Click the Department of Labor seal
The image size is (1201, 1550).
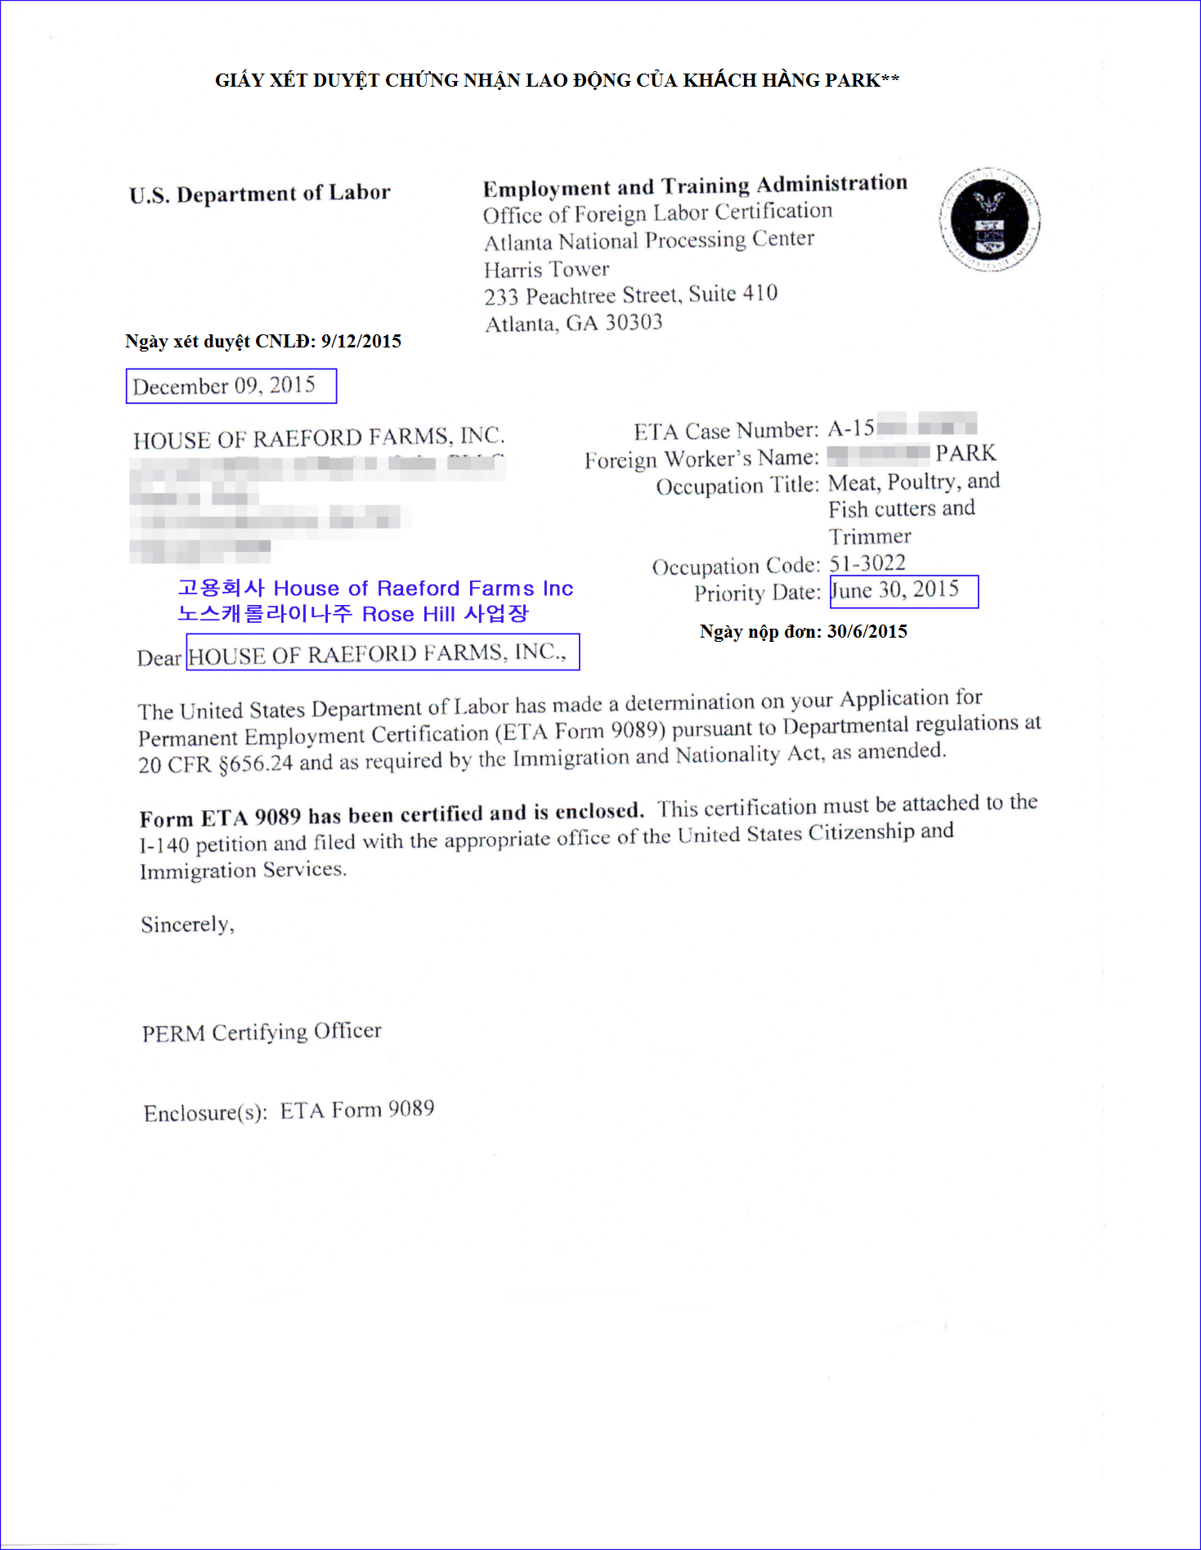(x=989, y=220)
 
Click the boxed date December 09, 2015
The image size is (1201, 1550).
(x=224, y=386)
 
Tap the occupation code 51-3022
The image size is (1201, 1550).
(x=867, y=563)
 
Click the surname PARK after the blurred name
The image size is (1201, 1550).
(x=966, y=454)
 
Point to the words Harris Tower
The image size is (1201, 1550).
(x=546, y=269)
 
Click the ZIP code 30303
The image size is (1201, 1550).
(x=634, y=323)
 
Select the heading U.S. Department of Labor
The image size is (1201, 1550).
(x=259, y=194)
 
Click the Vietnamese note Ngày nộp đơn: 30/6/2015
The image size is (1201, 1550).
(x=803, y=631)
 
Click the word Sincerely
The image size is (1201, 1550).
(x=187, y=925)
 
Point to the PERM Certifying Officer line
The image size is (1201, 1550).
(x=261, y=1032)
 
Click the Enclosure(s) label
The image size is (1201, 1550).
(x=205, y=1113)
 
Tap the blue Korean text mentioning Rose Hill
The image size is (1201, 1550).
(x=352, y=614)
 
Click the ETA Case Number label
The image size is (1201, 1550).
(x=725, y=431)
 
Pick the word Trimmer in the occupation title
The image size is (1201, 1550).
(x=869, y=536)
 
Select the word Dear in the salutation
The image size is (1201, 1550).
(x=159, y=658)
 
